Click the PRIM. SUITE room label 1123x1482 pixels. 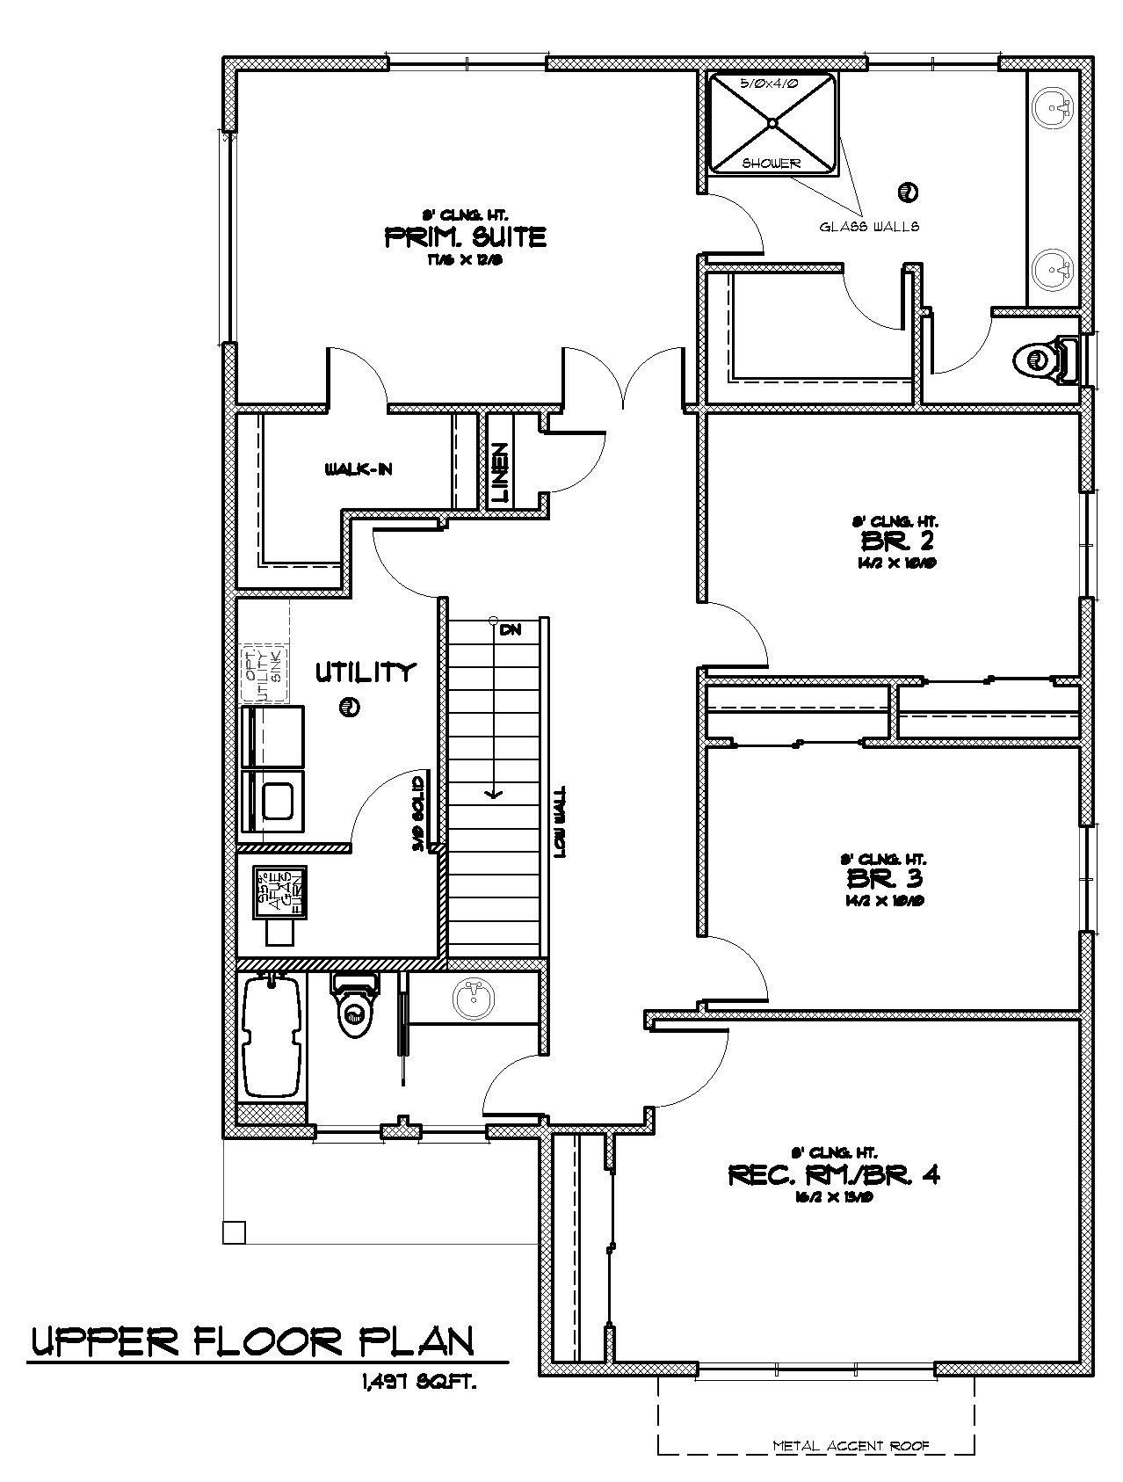coord(466,236)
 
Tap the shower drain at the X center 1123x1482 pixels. coord(772,123)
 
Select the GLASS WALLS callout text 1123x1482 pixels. coord(869,227)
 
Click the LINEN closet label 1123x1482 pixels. coord(500,473)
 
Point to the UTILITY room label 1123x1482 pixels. coord(364,673)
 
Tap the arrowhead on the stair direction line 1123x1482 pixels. coord(494,794)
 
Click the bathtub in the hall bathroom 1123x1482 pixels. coord(272,1037)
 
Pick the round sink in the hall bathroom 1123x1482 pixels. coord(474,998)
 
